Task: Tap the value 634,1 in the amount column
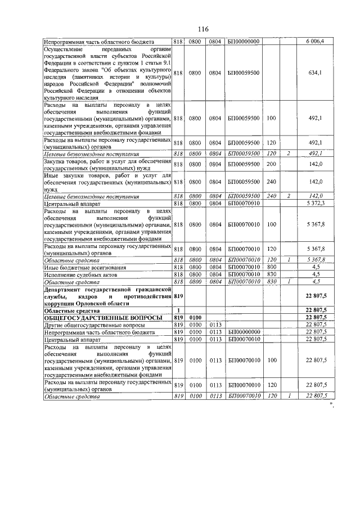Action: pyautogui.click(x=315, y=73)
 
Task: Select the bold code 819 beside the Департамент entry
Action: pyautogui.click(x=179, y=296)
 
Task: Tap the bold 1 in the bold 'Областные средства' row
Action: pyautogui.click(x=178, y=310)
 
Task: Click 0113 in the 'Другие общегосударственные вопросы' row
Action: pyautogui.click(x=215, y=325)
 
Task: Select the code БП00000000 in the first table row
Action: pyautogui.click(x=243, y=41)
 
